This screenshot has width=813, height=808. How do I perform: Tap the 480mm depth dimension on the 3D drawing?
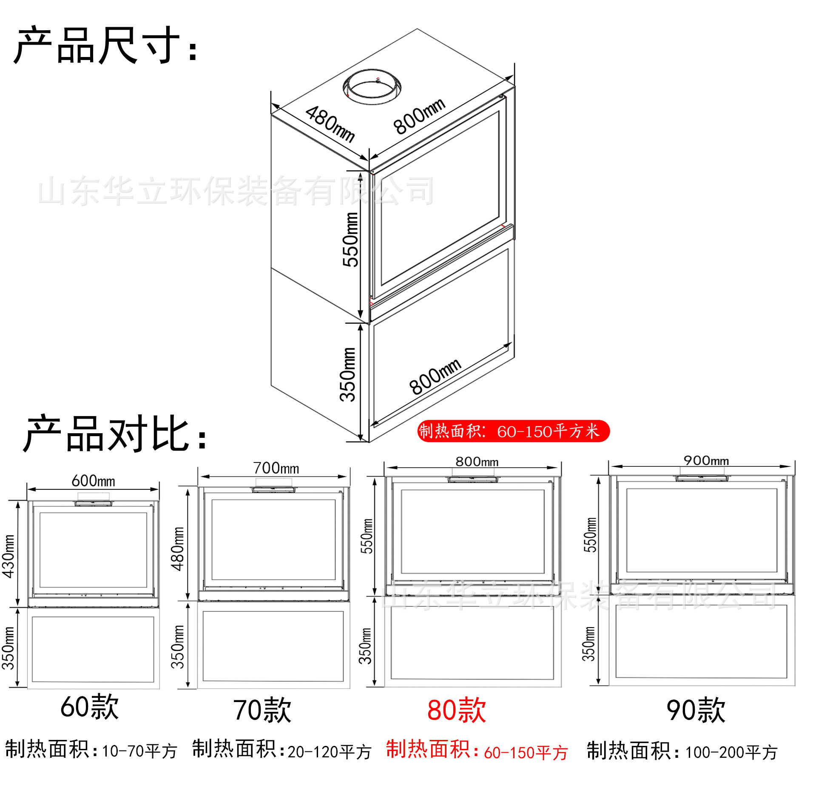click(x=330, y=123)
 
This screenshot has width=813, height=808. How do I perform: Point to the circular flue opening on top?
click(x=372, y=87)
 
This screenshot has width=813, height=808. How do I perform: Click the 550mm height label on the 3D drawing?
click(x=351, y=239)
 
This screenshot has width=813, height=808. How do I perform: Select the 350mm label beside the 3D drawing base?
click(x=348, y=374)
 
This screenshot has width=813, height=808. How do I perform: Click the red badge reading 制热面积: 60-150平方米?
click(x=513, y=431)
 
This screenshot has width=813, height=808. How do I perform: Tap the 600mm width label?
click(x=93, y=481)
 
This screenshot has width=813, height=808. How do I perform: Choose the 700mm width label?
click(x=276, y=468)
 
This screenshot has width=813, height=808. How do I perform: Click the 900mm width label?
click(x=706, y=460)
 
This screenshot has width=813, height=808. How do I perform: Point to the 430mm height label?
click(x=9, y=556)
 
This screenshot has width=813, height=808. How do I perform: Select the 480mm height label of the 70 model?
click(x=178, y=549)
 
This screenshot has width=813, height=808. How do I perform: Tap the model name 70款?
click(x=262, y=710)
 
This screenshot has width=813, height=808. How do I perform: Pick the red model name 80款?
click(x=457, y=710)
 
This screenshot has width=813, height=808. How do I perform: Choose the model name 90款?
click(x=696, y=710)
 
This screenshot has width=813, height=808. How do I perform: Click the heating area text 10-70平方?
click(x=139, y=751)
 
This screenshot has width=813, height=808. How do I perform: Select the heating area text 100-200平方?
click(x=731, y=752)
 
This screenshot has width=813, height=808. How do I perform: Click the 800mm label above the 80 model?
click(x=477, y=462)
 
